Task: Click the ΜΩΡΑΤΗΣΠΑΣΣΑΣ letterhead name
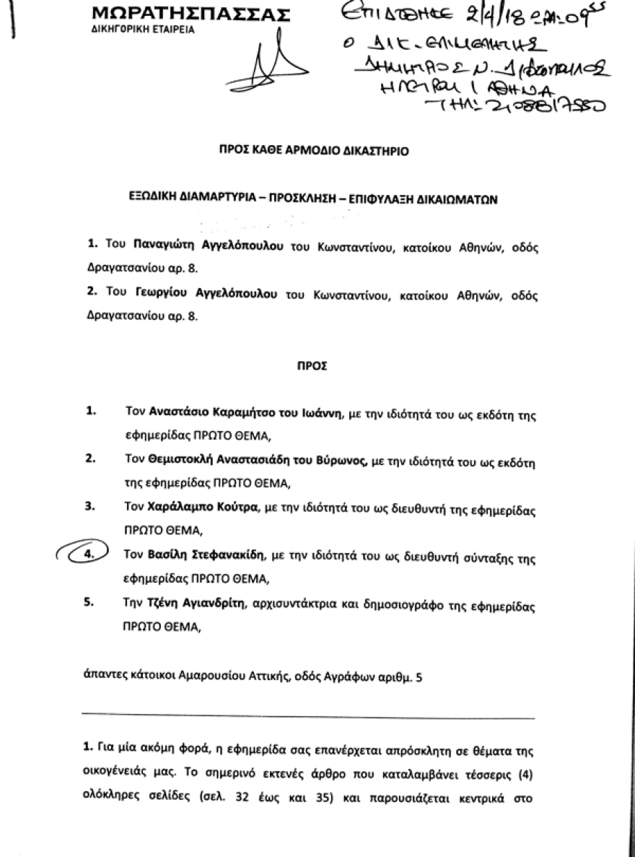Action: [192, 14]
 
